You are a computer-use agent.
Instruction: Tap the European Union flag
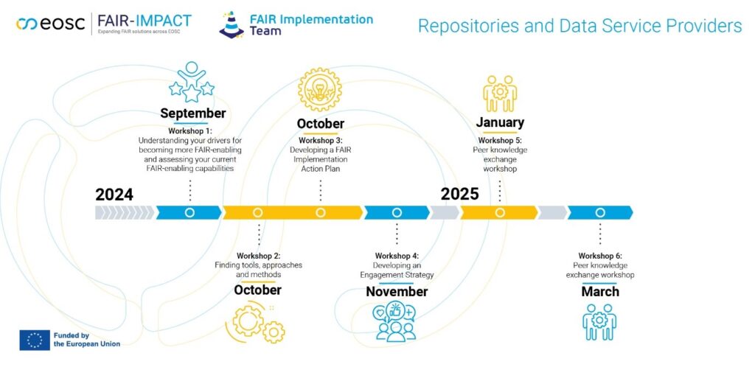(34, 339)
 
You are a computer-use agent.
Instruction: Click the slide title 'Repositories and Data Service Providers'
(580, 27)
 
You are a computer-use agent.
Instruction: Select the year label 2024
(114, 195)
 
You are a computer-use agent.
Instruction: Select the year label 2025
(460, 194)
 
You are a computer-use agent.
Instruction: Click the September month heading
(192, 113)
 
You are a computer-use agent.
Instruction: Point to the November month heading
(397, 292)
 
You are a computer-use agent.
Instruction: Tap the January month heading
(500, 122)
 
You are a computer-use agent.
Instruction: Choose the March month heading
(600, 292)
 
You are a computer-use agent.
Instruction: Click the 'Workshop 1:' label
(190, 130)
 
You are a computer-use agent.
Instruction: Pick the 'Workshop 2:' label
(258, 256)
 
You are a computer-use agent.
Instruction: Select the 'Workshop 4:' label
(397, 256)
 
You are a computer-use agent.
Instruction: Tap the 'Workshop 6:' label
(600, 256)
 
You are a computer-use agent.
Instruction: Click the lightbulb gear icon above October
(320, 89)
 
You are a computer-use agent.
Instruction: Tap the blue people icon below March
(599, 322)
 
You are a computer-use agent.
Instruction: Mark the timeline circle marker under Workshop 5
(500, 213)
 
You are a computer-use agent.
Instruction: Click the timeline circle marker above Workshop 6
(600, 213)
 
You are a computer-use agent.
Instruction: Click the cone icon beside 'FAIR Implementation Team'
(232, 24)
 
